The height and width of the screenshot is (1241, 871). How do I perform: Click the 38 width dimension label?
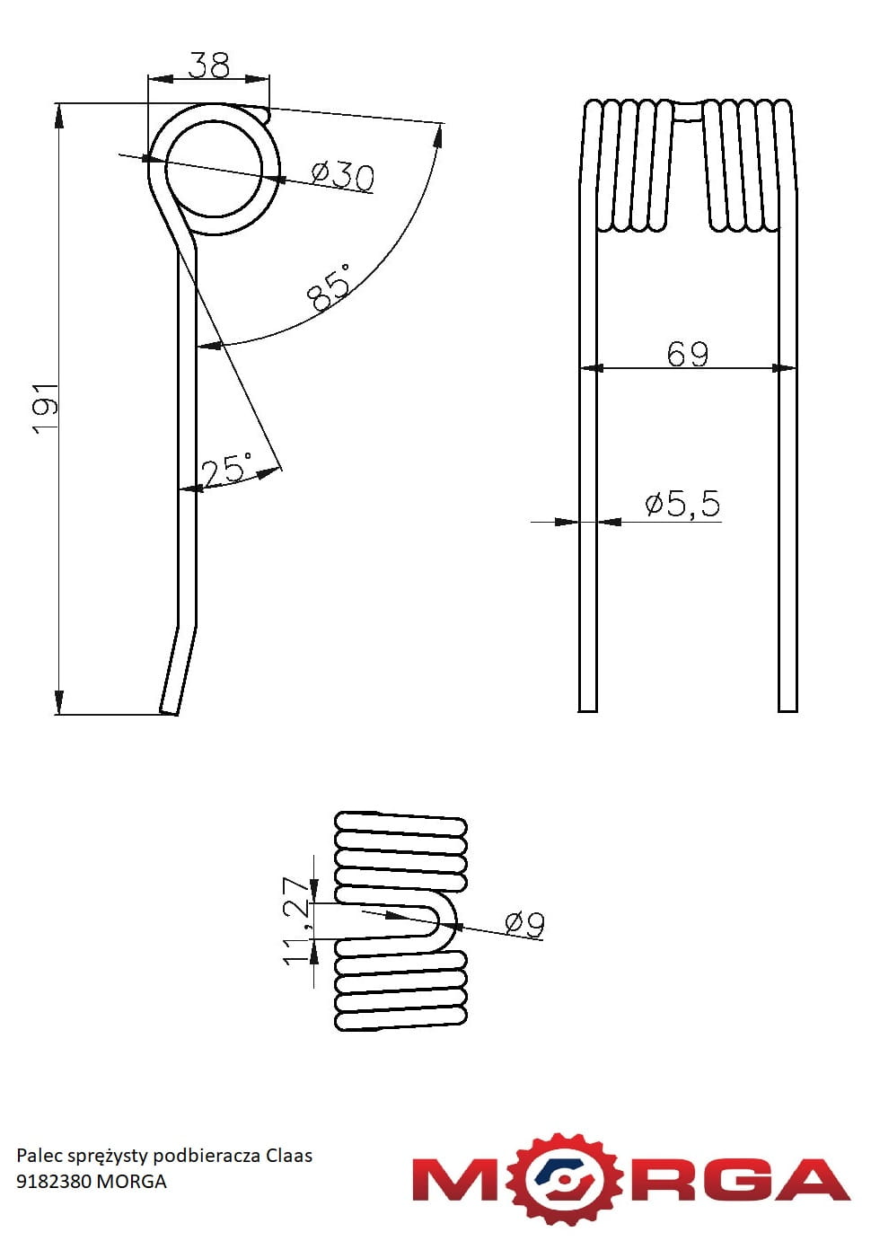pyautogui.click(x=208, y=65)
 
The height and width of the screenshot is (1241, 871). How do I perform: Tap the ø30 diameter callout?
pyautogui.click(x=342, y=177)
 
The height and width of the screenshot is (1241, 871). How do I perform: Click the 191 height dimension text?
pyautogui.click(x=46, y=409)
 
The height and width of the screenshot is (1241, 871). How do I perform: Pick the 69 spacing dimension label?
pyautogui.click(x=687, y=354)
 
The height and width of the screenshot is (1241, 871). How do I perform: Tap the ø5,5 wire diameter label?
pyautogui.click(x=683, y=503)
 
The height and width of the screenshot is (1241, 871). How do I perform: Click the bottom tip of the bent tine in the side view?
pyautogui.click(x=169, y=712)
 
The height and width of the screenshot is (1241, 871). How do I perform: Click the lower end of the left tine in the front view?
pyautogui.click(x=588, y=711)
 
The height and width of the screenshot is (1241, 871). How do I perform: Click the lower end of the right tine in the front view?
pyautogui.click(x=787, y=711)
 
